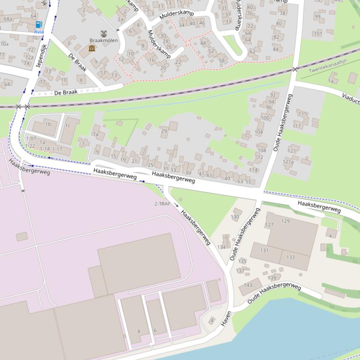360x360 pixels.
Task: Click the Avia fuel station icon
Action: (38, 24)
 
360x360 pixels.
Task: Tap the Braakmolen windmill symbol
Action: (103, 33)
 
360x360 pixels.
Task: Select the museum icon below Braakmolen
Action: (92, 48)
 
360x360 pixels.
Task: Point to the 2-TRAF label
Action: (162, 204)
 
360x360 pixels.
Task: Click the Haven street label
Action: (227, 318)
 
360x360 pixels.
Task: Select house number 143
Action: (248, 285)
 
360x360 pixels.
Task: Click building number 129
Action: (285, 221)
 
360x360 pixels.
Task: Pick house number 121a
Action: (288, 162)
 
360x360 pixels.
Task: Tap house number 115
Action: (302, 114)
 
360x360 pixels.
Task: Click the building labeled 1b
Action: (48, 124)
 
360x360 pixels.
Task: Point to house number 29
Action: (164, 131)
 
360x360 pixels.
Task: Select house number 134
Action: (221, 247)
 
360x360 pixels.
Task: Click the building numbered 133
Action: (290, 257)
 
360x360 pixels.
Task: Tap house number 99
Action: (318, 17)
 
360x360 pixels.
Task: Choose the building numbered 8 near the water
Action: (139, 331)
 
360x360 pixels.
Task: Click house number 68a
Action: (8, 19)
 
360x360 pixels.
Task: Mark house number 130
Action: (235, 217)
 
